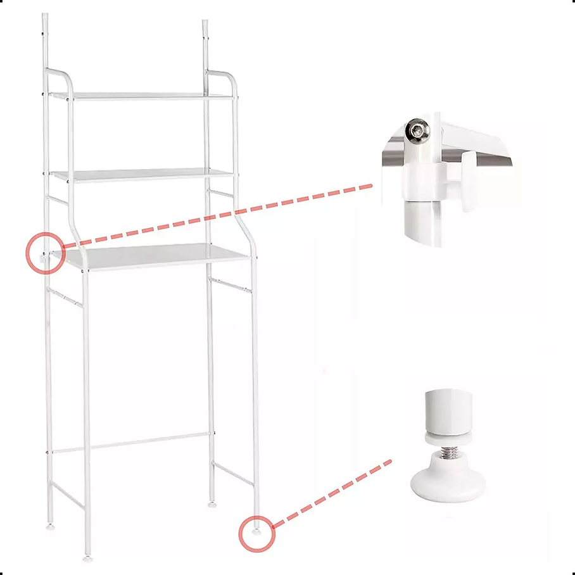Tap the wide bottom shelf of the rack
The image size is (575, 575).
(x=155, y=257)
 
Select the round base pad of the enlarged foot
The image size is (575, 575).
(x=448, y=485)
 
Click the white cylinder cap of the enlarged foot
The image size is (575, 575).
(x=448, y=412)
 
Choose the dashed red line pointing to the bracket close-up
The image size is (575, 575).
(x=218, y=214)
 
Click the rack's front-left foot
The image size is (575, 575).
(x=87, y=558)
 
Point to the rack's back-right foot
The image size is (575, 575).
(x=210, y=505)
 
